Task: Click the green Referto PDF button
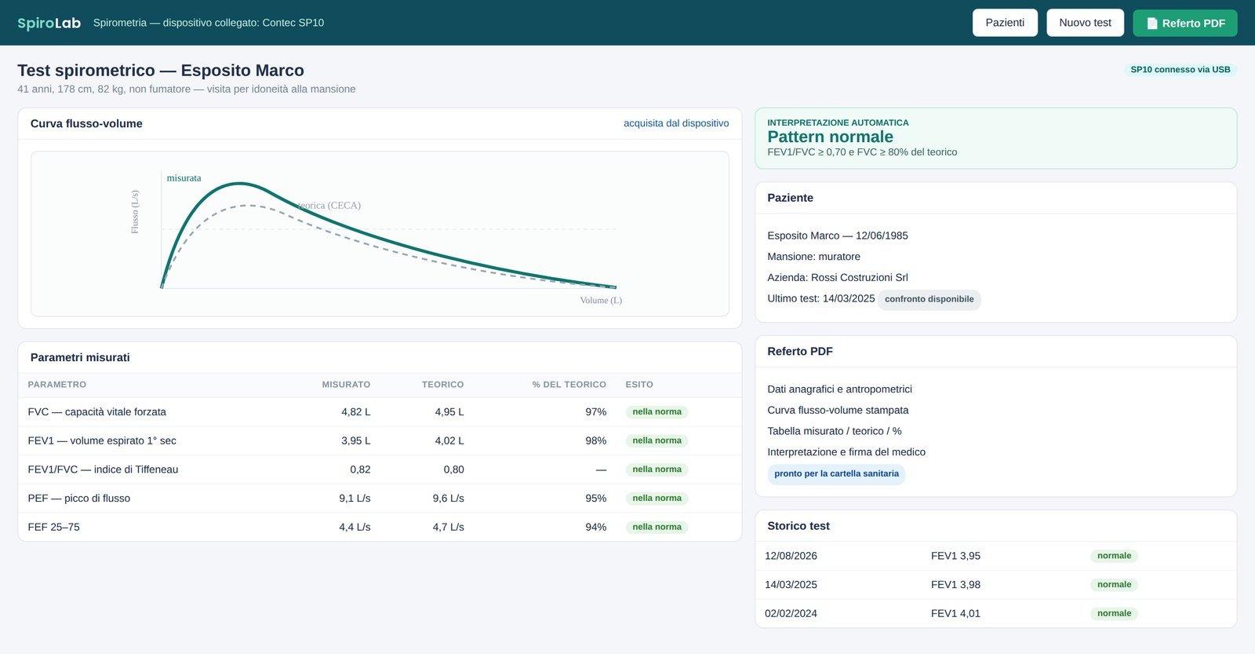tap(1185, 23)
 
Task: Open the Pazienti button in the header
tap(1005, 23)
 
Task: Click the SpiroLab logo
tap(49, 23)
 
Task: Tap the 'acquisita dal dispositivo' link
tap(676, 123)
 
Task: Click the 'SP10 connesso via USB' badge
tap(1180, 70)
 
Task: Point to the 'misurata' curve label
tap(184, 178)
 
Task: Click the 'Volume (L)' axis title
tap(601, 301)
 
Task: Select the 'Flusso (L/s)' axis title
tap(135, 212)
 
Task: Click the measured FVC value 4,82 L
tap(356, 412)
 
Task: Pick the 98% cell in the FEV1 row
tap(595, 441)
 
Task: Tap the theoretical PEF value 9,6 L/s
tap(448, 499)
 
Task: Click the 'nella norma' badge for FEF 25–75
tap(657, 528)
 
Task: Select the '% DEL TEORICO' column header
tap(569, 385)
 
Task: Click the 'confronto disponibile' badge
tap(929, 299)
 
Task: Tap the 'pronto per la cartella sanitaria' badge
tap(836, 474)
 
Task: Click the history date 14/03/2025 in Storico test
tap(791, 585)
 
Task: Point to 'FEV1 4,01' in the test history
tap(956, 614)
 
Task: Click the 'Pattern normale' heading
tap(831, 137)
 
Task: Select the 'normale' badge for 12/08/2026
tap(1114, 556)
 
